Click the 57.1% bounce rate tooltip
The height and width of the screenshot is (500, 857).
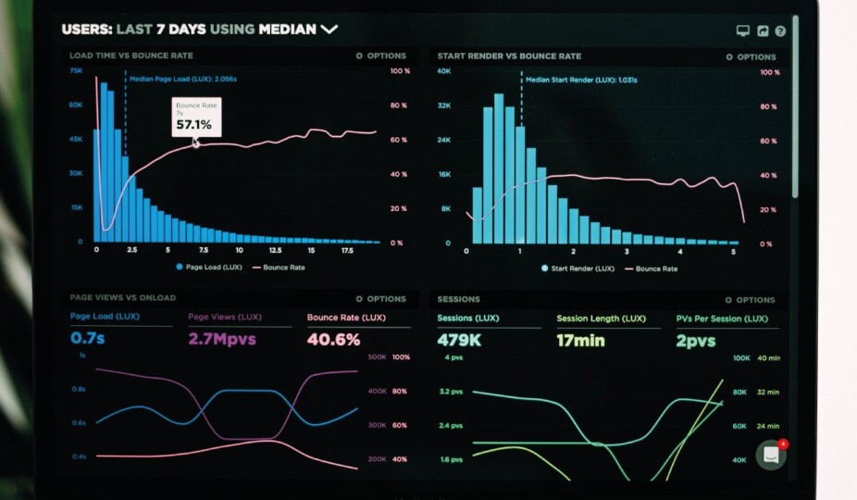pyautogui.click(x=195, y=118)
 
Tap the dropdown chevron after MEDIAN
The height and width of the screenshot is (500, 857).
pyautogui.click(x=329, y=30)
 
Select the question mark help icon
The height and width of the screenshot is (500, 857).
pyautogui.click(x=780, y=31)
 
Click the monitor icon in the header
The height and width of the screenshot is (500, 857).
pyautogui.click(x=742, y=31)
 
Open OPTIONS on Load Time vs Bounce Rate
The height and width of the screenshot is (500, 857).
pyautogui.click(x=381, y=56)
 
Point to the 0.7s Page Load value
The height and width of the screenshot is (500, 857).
pyautogui.click(x=88, y=339)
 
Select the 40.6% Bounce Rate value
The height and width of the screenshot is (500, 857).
pyautogui.click(x=333, y=339)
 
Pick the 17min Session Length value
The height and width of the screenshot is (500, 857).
pyautogui.click(x=580, y=340)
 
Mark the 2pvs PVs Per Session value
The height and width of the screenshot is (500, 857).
pyautogui.click(x=695, y=340)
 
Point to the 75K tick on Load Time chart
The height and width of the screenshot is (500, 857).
pyautogui.click(x=76, y=70)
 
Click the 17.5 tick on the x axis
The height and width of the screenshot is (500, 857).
pyautogui.click(x=348, y=250)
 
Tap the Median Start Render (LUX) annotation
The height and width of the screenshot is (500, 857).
pyautogui.click(x=581, y=81)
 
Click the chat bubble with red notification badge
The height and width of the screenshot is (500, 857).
pyautogui.click(x=771, y=455)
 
